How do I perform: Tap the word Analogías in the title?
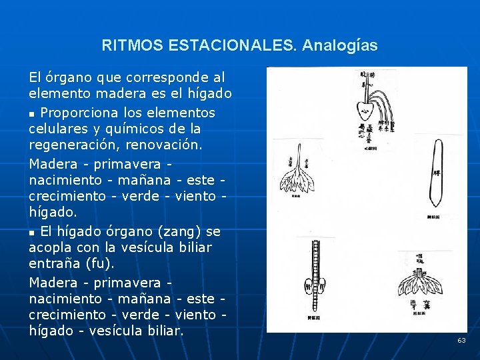click(x=339, y=46)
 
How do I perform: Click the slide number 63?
click(x=461, y=341)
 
